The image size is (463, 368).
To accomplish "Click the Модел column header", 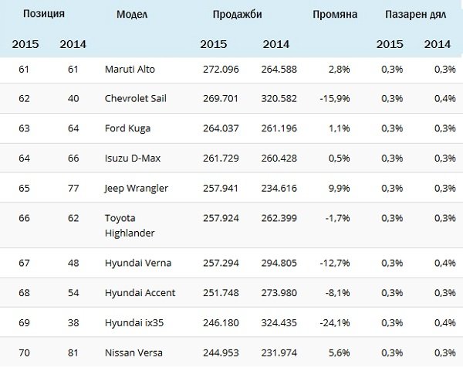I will (133, 14).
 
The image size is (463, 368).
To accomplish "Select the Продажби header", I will (238, 14).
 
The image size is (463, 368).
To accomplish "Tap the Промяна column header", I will (334, 14).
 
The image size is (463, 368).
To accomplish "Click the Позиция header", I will (42, 14).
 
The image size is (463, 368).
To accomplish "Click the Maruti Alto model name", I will (130, 70).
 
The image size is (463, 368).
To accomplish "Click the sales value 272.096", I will (219, 70).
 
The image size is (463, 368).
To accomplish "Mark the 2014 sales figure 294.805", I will (280, 264).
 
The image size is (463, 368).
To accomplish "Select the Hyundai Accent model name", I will (140, 291).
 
